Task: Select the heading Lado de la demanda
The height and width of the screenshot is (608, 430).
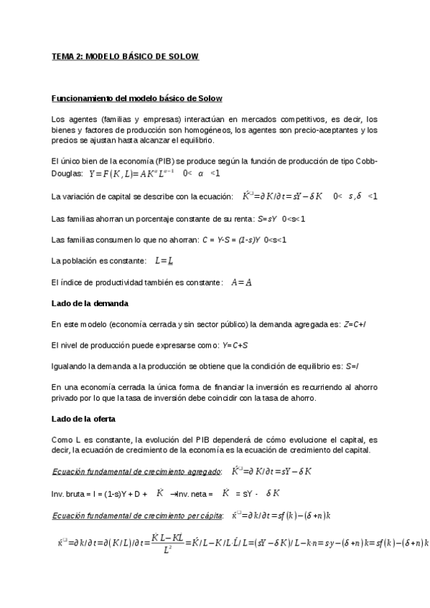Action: point(90,304)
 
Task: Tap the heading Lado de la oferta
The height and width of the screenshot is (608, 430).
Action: point(84,418)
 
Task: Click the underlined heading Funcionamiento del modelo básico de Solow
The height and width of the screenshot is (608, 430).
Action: point(141,98)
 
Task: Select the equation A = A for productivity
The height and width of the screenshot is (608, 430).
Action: point(241,282)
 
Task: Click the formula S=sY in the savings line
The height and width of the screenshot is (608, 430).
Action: point(268,218)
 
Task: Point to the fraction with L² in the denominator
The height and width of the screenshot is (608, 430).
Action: point(166,543)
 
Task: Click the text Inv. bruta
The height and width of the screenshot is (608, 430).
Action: point(66,494)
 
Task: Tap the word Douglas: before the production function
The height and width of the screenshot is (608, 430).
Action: point(67,174)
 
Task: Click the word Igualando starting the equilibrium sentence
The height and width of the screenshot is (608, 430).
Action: point(70,366)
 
